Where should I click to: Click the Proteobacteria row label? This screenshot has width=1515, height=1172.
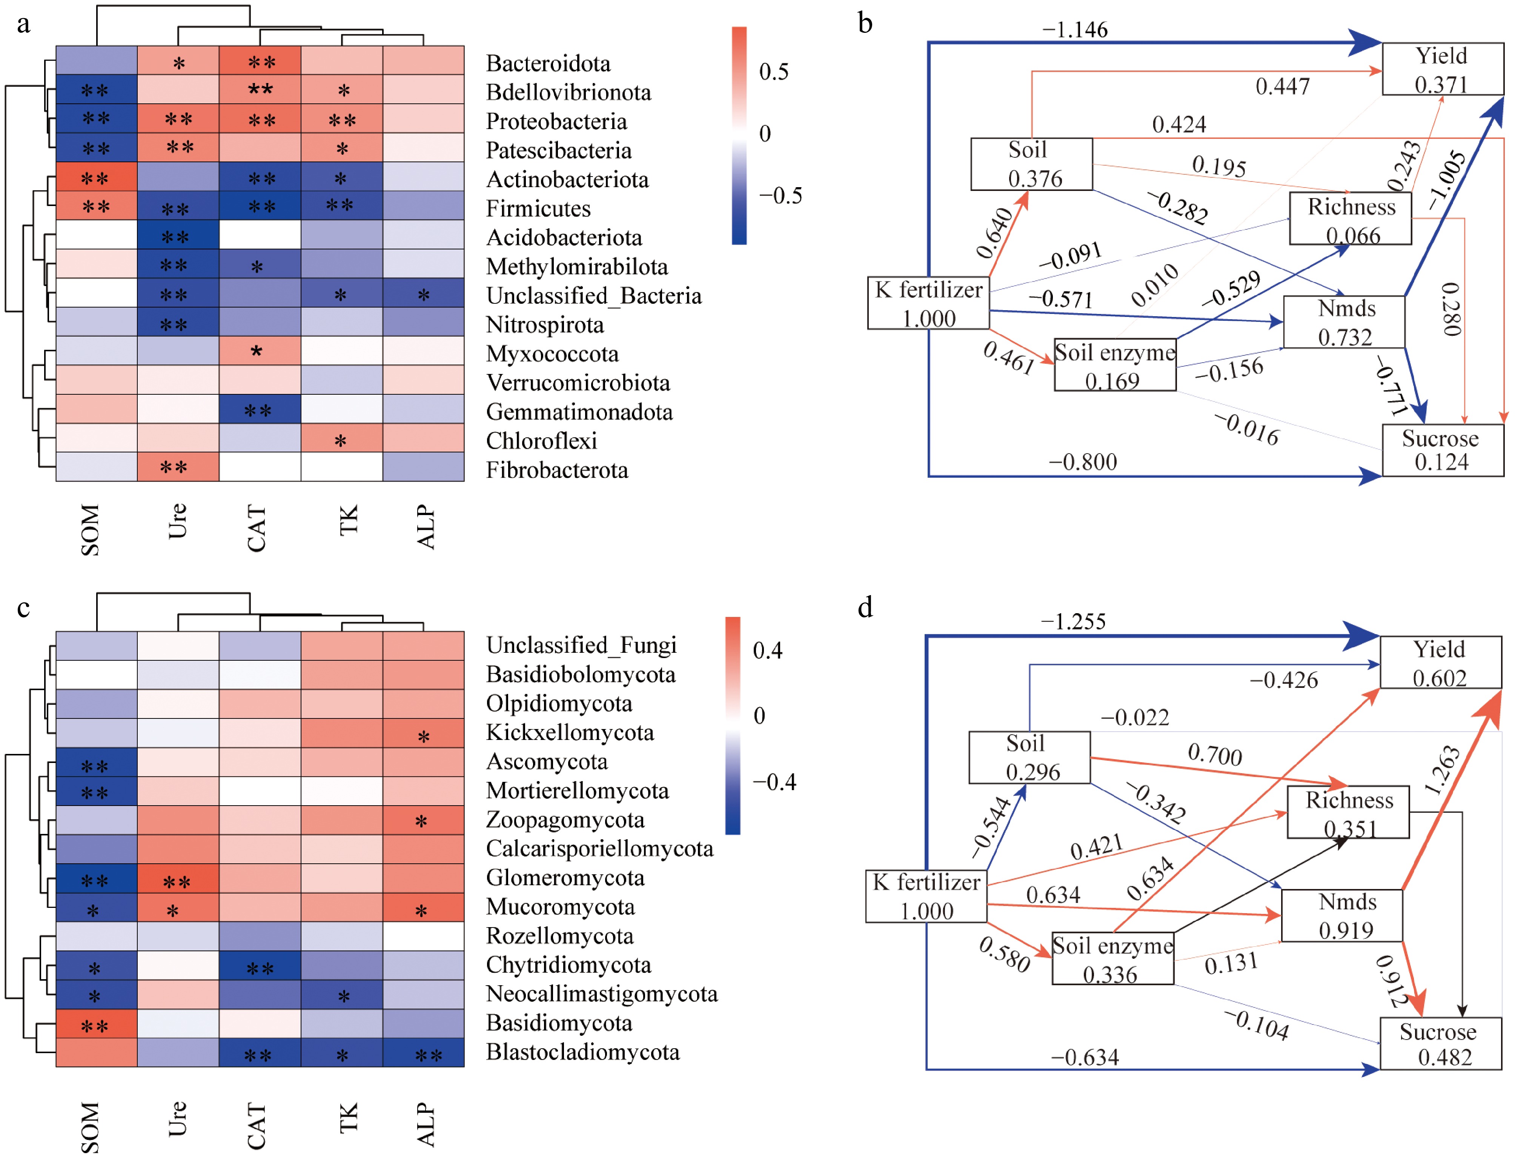pos(556,122)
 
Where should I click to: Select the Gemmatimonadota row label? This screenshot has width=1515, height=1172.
pos(579,412)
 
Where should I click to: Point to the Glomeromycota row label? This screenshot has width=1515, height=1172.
pos(565,878)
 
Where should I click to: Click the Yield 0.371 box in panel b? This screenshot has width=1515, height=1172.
pos(1442,69)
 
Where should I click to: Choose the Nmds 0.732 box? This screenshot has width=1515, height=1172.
pos(1344,322)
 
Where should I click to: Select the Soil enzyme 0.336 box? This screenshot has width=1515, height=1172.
pos(1112,959)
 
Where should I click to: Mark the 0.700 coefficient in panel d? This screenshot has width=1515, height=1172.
pos(1215,754)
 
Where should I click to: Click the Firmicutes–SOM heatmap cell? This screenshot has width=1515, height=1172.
pos(97,206)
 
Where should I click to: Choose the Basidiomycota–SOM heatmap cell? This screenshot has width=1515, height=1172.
pos(97,1024)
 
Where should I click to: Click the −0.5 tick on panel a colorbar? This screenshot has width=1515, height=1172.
pos(781,196)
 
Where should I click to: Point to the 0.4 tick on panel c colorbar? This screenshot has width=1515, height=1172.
pos(767,650)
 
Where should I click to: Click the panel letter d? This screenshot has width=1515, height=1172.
pos(865,607)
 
